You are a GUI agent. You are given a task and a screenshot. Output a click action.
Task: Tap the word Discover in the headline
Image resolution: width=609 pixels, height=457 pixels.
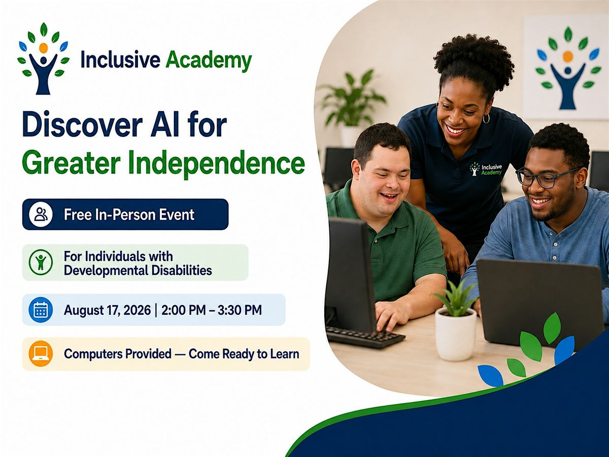pos(83,124)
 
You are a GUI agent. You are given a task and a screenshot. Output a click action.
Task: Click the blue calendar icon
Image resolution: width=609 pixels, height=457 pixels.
pos(41,310)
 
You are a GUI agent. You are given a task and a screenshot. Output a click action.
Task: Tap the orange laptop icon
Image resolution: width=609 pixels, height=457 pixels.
pos(41,353)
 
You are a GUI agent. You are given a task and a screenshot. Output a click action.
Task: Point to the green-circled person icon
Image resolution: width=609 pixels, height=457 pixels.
pos(41,262)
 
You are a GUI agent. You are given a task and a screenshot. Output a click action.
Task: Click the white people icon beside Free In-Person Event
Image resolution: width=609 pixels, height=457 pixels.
pos(41,214)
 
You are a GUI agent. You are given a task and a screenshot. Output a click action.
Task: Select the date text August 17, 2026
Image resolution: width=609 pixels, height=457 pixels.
pos(108,310)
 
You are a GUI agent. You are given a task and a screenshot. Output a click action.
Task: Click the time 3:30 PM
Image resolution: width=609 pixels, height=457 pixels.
pos(240,310)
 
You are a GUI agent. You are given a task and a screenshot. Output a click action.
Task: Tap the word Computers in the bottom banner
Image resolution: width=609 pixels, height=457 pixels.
pos(118,354)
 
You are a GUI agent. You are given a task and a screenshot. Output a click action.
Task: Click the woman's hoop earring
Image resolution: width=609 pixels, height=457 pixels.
pos(486,118)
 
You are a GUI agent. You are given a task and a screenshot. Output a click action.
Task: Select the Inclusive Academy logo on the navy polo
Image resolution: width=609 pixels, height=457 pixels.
pos(486,169)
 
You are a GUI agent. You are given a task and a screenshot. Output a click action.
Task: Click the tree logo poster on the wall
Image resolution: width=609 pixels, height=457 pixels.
pos(566,68)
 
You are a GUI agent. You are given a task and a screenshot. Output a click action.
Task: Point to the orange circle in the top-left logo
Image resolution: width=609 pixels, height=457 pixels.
pos(44,48)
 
